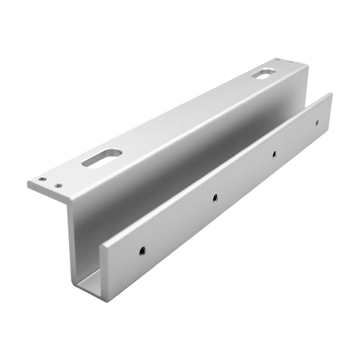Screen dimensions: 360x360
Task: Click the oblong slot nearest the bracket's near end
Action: [x=101, y=156]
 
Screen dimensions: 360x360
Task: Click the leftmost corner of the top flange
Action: [x=28, y=181]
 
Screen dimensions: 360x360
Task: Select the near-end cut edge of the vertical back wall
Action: [x=70, y=238]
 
